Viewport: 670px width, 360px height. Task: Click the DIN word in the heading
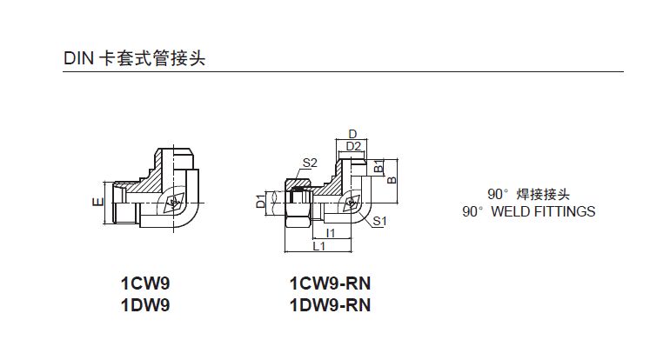77,58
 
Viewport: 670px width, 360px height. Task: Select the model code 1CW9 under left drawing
144,283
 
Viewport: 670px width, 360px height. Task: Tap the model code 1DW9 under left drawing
144,305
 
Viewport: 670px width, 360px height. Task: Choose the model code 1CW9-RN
330,283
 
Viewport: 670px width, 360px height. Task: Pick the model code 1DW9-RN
330,305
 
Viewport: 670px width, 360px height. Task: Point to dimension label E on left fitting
99,202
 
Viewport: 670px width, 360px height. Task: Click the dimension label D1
260,203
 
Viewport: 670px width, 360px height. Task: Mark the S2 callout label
310,163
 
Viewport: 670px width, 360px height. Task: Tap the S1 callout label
379,222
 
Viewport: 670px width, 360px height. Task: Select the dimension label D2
352,146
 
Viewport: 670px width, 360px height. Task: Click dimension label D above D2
352,134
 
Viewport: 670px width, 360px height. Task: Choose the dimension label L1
318,247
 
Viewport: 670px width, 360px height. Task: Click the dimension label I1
330,234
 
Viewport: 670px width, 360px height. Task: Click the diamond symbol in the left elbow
173,205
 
